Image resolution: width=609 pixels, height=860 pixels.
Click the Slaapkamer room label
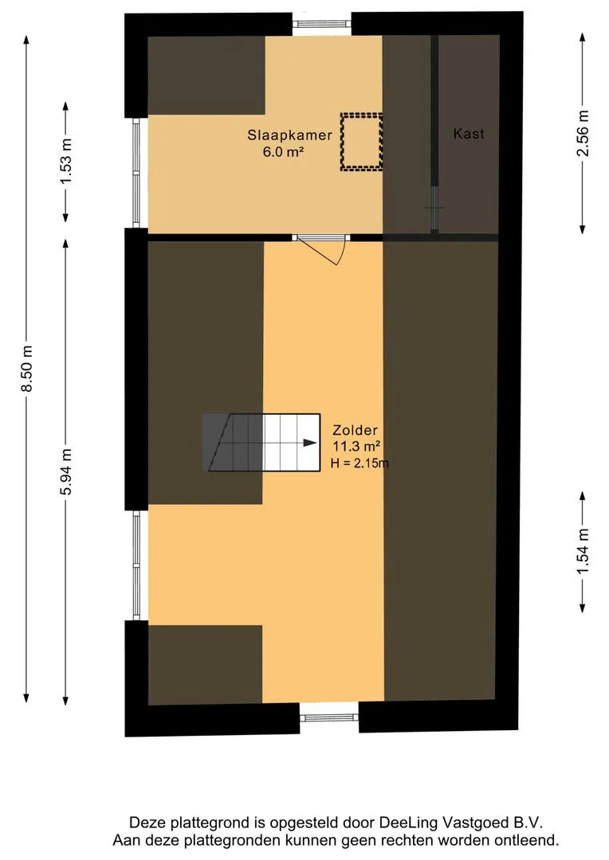pos(289,135)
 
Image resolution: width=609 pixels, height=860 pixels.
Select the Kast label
pos(469,134)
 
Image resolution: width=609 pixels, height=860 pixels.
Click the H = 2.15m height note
pos(359,463)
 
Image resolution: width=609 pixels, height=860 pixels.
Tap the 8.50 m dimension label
pos(27,369)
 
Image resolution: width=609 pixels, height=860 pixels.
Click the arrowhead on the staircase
pos(307,444)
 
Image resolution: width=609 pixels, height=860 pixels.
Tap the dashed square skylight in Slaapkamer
pos(361,142)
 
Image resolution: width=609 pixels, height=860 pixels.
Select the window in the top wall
pos(322,23)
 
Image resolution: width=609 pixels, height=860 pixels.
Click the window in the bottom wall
pos(329,717)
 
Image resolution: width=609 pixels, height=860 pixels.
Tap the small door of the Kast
pos(434,208)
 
